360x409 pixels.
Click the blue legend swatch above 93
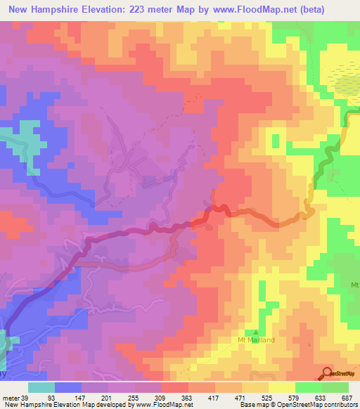(68, 387)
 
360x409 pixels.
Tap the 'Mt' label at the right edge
(354, 285)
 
